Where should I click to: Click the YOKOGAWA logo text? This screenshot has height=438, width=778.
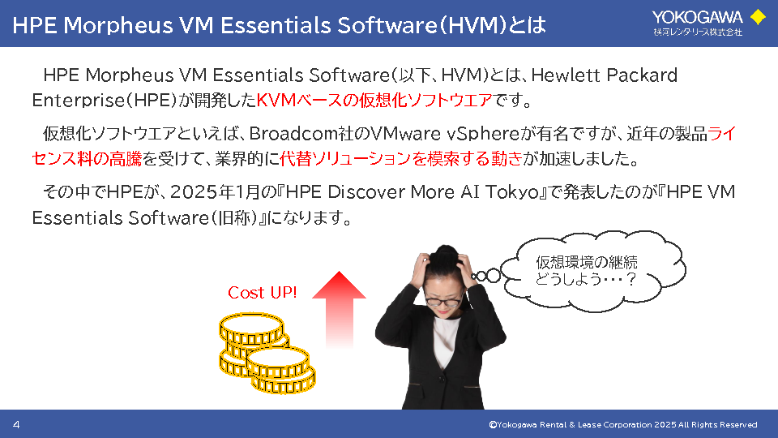[697, 18]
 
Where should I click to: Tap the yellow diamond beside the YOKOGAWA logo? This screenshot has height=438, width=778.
[758, 17]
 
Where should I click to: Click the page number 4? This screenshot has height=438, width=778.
[16, 424]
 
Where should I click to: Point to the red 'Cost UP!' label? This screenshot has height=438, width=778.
[262, 293]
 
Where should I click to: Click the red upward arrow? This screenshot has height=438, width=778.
[339, 309]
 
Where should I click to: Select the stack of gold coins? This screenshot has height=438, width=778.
[267, 353]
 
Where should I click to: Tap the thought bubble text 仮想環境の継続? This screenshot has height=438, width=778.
[587, 262]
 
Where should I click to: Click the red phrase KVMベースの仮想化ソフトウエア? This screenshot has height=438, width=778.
[374, 101]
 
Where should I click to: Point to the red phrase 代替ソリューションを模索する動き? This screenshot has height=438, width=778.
[401, 159]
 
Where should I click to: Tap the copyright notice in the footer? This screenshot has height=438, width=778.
[623, 424]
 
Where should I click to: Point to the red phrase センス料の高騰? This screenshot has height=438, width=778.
[87, 159]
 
